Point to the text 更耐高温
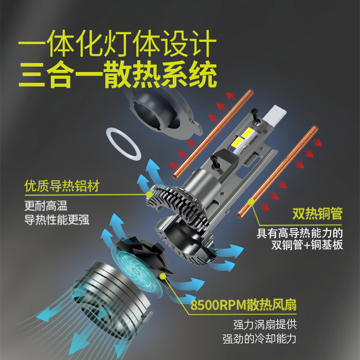tap(45, 206)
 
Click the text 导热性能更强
tap(57, 220)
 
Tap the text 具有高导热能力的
tap(300, 233)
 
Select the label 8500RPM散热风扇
tap(243, 305)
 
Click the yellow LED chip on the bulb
tap(238, 137)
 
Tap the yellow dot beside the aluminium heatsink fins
tap(149, 194)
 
